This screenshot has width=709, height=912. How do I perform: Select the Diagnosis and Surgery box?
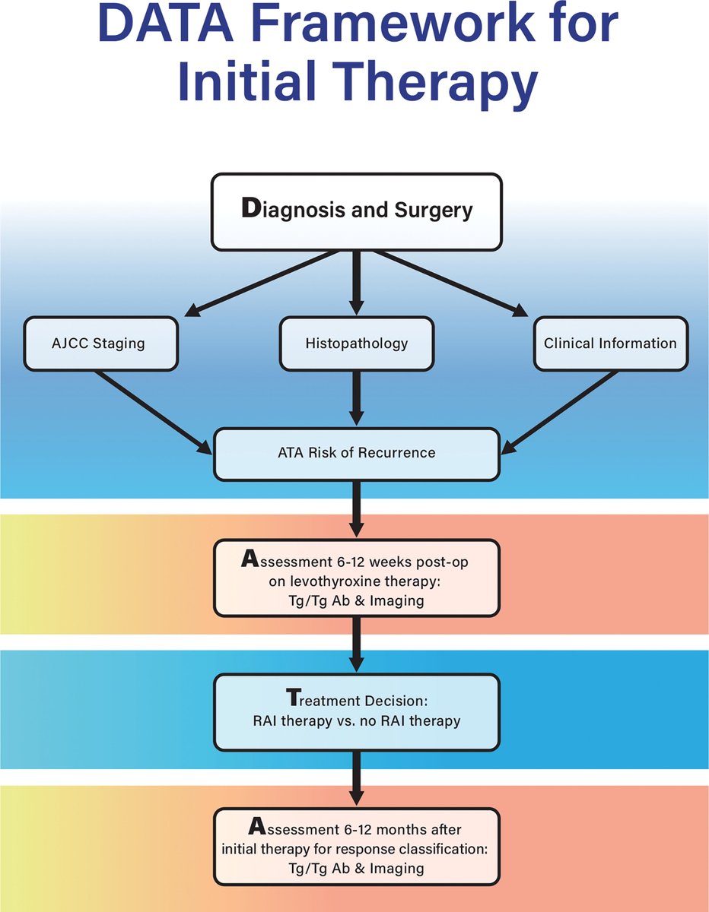coord(357,212)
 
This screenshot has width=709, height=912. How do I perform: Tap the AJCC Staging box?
coord(101,344)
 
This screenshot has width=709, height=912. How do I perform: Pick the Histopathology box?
coord(357,344)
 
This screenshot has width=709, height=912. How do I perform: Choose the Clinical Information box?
coord(611,344)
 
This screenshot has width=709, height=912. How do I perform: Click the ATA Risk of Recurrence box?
coord(357,454)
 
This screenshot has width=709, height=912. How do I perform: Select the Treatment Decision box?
coord(357,712)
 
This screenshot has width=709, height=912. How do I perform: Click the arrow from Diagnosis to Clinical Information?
coord(450,283)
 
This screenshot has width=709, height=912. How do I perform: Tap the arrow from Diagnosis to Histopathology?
coord(357,283)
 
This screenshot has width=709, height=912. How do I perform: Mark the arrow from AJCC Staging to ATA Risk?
coord(154,413)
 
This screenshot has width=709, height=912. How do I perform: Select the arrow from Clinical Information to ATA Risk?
coord(559,413)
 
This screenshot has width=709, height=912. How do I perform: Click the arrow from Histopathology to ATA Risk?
coord(357,398)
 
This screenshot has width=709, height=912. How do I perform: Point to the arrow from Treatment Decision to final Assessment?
coord(357,777)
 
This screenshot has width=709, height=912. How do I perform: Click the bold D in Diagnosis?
coord(251,207)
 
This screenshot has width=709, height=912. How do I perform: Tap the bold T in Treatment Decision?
coord(294,698)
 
